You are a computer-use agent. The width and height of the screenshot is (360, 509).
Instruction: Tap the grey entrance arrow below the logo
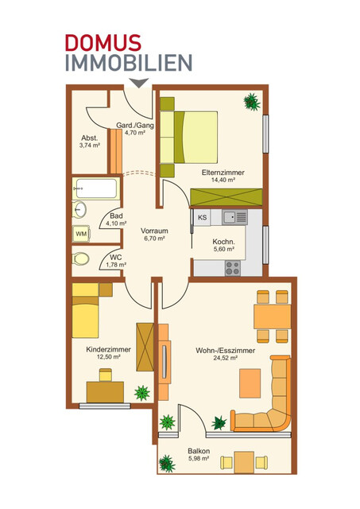(x=139, y=83)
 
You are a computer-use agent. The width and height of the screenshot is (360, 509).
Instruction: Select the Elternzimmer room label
(x=223, y=173)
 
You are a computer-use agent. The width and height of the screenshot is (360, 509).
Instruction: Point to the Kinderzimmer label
(x=103, y=348)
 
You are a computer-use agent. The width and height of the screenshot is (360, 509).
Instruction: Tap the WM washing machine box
(x=80, y=234)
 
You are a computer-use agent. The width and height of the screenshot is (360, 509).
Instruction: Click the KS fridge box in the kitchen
(x=202, y=217)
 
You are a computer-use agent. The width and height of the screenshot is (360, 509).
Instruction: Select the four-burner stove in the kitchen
(x=232, y=266)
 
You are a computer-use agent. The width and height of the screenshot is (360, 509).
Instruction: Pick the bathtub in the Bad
(x=95, y=190)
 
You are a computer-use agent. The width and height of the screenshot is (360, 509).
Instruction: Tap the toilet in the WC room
(x=79, y=258)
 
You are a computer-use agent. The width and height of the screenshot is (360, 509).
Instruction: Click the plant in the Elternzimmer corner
(x=253, y=102)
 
